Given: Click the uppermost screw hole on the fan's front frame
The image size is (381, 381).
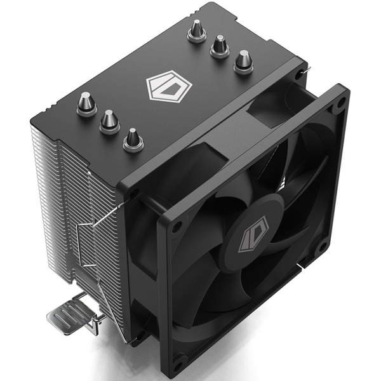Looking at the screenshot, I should (341, 101).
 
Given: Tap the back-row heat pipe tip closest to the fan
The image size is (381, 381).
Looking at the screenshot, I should (243, 62).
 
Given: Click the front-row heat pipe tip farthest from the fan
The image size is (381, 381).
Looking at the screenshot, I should (86, 103).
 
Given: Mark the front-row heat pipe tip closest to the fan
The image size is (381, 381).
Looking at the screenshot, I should (133, 139).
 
